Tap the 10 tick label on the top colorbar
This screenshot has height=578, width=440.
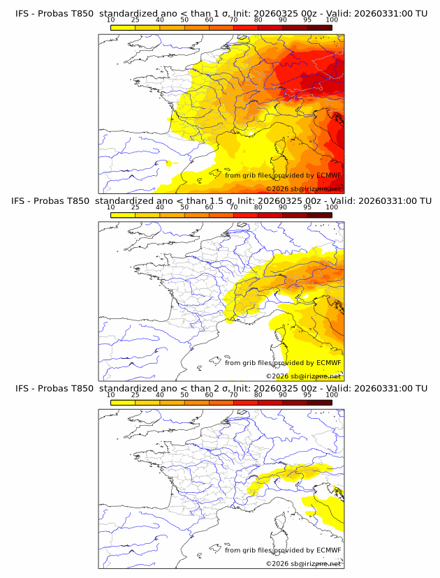pos(110,20)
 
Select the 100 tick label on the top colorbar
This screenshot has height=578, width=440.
pos(332,20)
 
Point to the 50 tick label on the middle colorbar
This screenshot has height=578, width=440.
pos(184,207)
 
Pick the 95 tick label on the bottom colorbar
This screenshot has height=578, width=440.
pos(307,394)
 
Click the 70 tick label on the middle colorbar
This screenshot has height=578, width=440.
pos(233,207)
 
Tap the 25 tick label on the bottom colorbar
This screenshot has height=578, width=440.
pos(135,394)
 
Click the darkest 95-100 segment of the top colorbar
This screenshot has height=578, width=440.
pos(319,27)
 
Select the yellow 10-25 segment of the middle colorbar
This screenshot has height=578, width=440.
pos(123,214)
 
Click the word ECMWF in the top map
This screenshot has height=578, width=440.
pos(328,175)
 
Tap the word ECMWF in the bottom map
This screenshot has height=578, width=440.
pos(328,549)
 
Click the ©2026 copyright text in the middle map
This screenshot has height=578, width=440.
pos(277,376)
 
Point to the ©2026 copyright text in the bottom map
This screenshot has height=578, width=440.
pos(277,563)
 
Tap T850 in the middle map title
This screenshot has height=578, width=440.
pos(80,201)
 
